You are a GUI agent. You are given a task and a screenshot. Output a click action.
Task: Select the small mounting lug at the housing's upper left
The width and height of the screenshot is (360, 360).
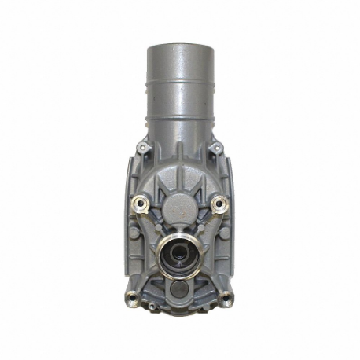(x=141, y=147)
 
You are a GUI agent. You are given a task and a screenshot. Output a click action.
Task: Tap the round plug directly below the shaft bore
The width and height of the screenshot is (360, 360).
(x=179, y=288)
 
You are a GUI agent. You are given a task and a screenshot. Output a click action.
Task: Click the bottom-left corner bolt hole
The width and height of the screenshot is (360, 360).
(x=132, y=296)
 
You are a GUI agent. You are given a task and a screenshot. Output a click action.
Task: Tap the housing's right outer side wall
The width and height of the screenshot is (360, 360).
(x=232, y=228)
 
